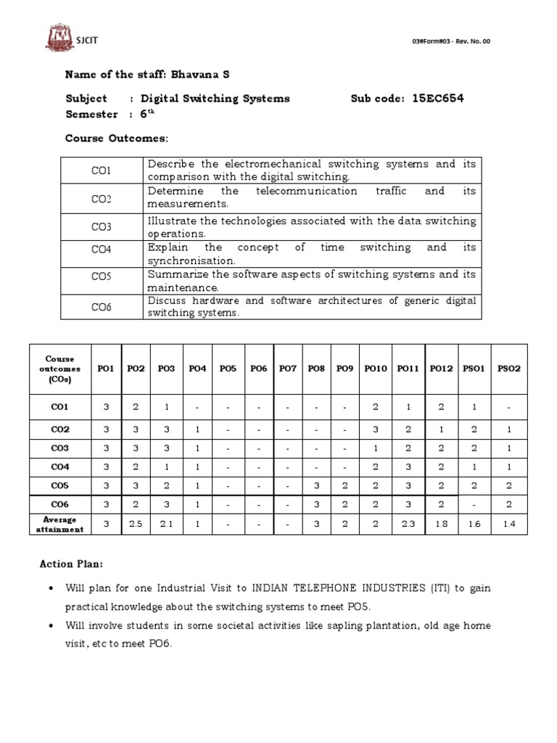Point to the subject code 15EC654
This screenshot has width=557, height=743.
point(437,99)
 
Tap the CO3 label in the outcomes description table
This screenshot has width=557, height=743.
point(101,227)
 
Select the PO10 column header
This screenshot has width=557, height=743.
point(375,369)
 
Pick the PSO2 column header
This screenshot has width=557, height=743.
point(508,369)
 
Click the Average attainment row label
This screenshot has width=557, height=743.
point(59,525)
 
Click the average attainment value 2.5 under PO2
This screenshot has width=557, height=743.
point(136,525)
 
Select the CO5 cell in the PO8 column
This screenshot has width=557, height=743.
point(315,486)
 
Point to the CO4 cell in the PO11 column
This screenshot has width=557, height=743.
point(408,467)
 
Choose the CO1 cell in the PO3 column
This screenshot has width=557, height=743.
point(166,407)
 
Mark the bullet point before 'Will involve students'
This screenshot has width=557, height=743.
point(49,625)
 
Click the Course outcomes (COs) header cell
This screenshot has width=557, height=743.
point(59,369)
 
